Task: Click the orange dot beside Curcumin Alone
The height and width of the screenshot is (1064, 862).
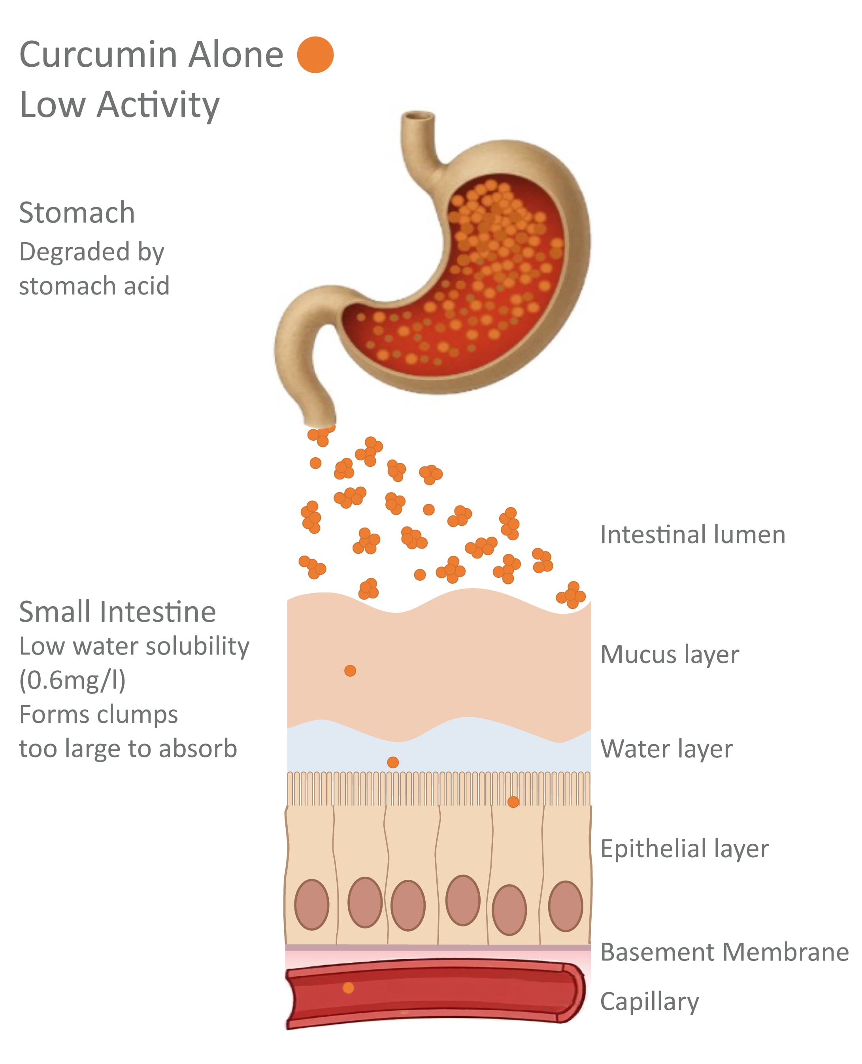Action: click(x=315, y=55)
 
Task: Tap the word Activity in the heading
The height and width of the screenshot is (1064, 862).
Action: click(x=158, y=105)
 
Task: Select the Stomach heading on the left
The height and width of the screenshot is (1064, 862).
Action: click(x=77, y=213)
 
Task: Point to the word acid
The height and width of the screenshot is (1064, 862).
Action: click(x=147, y=286)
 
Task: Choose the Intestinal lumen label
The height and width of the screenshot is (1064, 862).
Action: click(x=693, y=535)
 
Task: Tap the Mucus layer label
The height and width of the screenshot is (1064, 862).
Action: click(x=670, y=655)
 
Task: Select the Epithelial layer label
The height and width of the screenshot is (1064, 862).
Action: click(x=685, y=849)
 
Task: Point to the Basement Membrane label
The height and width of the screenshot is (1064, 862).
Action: click(x=724, y=952)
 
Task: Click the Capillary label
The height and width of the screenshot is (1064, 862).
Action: click(x=649, y=1002)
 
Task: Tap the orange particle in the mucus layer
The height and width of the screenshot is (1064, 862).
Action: click(x=350, y=671)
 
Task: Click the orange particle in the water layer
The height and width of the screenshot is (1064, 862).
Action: click(x=393, y=762)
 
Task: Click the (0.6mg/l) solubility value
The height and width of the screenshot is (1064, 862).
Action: click(x=72, y=680)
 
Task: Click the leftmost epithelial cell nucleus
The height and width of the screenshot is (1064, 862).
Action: click(x=312, y=905)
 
